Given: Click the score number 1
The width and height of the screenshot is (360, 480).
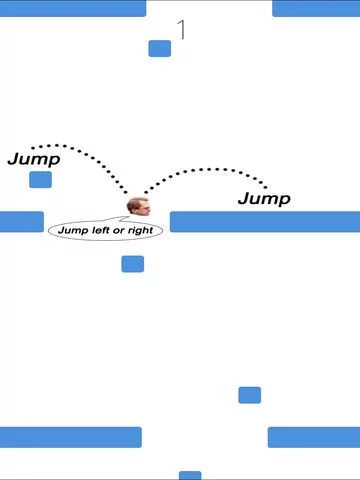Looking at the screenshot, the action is click(181, 30).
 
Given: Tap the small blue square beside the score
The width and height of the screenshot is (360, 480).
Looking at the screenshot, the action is click(160, 49).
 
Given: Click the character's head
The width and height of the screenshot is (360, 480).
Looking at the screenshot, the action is click(139, 207).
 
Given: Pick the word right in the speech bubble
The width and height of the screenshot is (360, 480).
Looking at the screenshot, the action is click(140, 231).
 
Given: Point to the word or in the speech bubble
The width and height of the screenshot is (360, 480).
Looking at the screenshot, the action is click(119, 231).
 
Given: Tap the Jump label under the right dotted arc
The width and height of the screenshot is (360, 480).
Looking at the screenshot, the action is click(264, 199).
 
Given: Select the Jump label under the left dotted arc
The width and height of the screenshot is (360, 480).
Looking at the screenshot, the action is click(34, 159).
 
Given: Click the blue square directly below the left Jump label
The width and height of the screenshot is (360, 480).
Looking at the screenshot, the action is click(40, 180).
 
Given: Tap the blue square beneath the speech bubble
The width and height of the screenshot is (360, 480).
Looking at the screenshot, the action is click(133, 264).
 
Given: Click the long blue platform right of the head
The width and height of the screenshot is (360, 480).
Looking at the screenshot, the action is click(265, 222).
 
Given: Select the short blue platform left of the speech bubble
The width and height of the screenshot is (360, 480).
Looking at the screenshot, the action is click(22, 222).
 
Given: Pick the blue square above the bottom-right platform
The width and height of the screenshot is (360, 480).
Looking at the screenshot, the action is click(250, 395).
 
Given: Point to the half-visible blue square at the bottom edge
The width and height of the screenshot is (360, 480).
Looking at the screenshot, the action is click(190, 475).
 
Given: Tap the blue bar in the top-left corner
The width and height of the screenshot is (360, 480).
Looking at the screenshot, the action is click(73, 8).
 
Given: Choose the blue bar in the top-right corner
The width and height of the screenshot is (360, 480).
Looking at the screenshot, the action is click(316, 8).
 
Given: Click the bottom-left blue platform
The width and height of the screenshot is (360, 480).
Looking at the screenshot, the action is click(71, 437).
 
